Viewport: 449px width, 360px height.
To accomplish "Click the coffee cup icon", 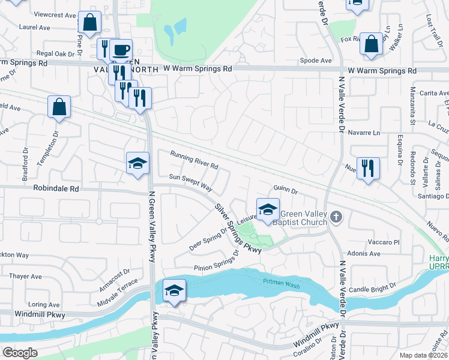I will point(121,50).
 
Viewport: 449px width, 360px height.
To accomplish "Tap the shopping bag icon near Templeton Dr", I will point(59,108).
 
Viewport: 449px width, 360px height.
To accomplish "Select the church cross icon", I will point(336,217).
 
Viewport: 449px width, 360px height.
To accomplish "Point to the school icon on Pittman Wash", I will point(173,291).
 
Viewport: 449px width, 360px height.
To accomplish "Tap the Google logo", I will point(20,353).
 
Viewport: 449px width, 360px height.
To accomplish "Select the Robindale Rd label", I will point(58,188).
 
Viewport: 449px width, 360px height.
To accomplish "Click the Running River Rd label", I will point(193,159).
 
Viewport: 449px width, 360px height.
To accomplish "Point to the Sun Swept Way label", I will point(191,182).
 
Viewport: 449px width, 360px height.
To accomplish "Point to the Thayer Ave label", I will point(25,277).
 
